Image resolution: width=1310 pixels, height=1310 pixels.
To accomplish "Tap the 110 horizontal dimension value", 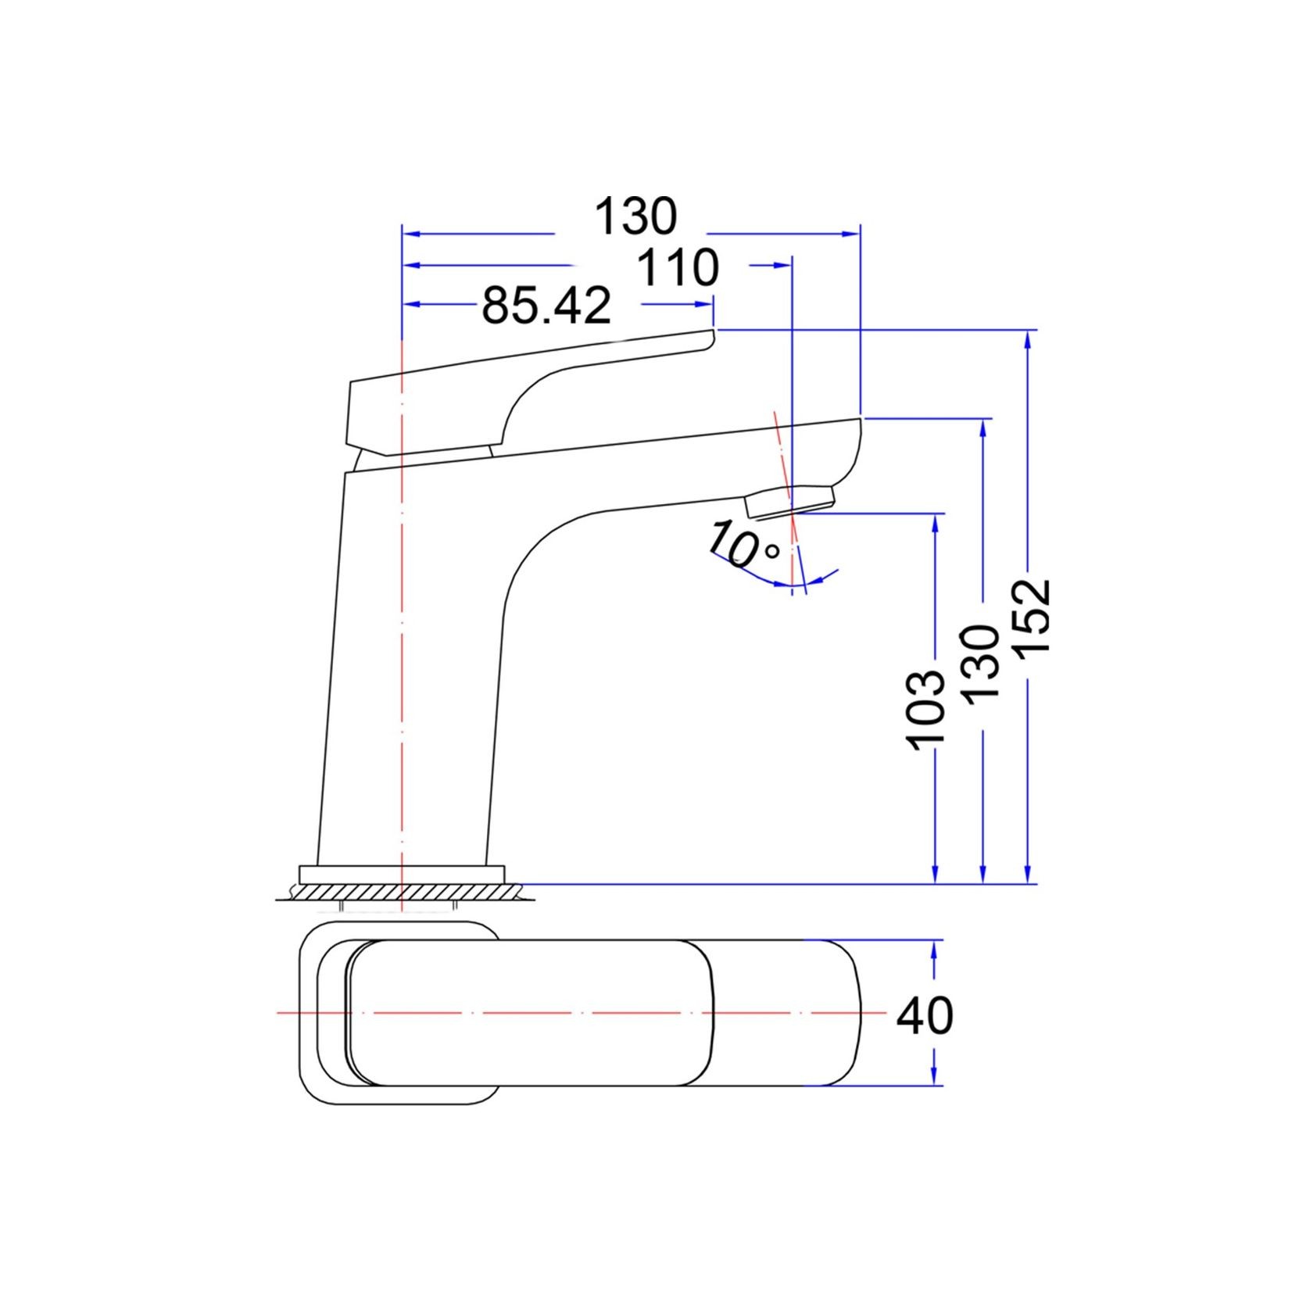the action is pos(678,268).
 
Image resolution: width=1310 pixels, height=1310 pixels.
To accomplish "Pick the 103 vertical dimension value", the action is pos(929,710).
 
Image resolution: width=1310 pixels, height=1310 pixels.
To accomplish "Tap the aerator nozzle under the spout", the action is pos(790,499).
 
